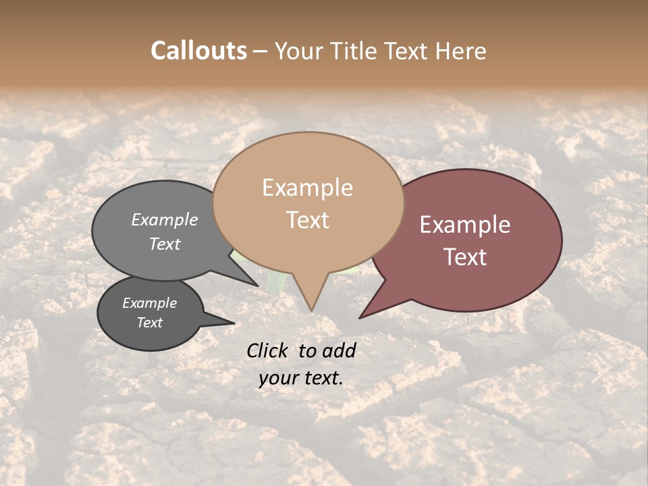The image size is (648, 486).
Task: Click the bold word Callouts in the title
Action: point(198,51)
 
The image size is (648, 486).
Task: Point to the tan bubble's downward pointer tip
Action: point(311,310)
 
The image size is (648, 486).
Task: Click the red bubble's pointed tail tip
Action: point(360,317)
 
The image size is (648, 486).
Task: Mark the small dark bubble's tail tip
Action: point(234,323)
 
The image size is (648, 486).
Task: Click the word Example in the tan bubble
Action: point(307,188)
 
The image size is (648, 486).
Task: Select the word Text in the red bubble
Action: point(466,257)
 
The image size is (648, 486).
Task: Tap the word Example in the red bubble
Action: point(465,225)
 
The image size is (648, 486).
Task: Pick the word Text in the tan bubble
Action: point(308,220)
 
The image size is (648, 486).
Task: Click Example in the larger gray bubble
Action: point(165,220)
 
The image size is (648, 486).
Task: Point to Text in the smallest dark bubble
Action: point(150,323)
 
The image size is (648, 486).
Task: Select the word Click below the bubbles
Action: point(269,350)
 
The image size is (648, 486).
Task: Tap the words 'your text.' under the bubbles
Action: point(301,379)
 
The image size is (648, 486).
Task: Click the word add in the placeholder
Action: point(339,350)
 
